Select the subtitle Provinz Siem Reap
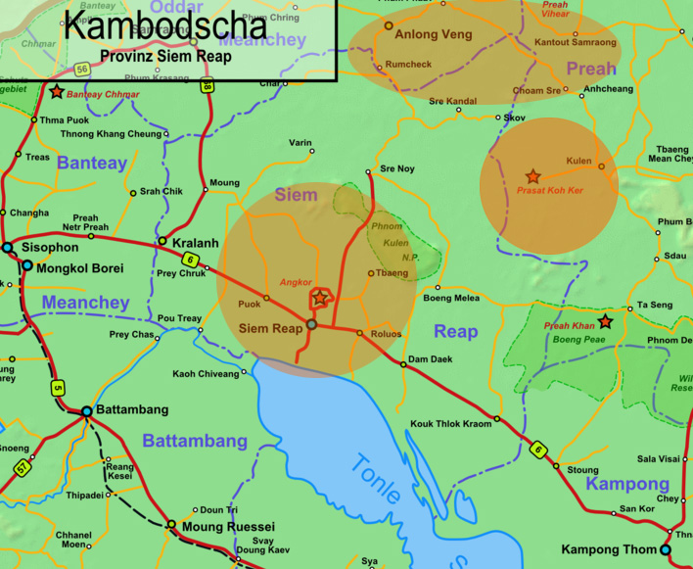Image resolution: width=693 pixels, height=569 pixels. [165, 56]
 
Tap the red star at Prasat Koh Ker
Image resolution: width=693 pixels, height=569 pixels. [532, 177]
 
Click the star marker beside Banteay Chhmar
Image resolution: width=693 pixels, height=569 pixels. [57, 92]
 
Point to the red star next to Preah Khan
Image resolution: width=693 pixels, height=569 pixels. [605, 321]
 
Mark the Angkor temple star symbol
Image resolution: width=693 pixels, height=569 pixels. [320, 297]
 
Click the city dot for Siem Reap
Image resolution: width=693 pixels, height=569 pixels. [311, 324]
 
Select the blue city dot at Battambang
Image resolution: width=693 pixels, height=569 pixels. [87, 411]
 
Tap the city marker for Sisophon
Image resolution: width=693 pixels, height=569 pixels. [8, 248]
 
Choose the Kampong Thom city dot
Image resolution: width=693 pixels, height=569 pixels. [666, 550]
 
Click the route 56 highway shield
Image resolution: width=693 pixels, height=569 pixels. [82, 69]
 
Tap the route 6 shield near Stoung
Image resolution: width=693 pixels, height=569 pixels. [536, 450]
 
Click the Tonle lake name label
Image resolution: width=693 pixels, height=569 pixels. [378, 479]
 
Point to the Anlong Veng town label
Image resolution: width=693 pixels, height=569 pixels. [433, 34]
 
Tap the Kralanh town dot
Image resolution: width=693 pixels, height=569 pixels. [162, 241]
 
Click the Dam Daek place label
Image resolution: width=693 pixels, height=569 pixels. [430, 359]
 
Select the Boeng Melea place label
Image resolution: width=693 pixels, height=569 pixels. [451, 298]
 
